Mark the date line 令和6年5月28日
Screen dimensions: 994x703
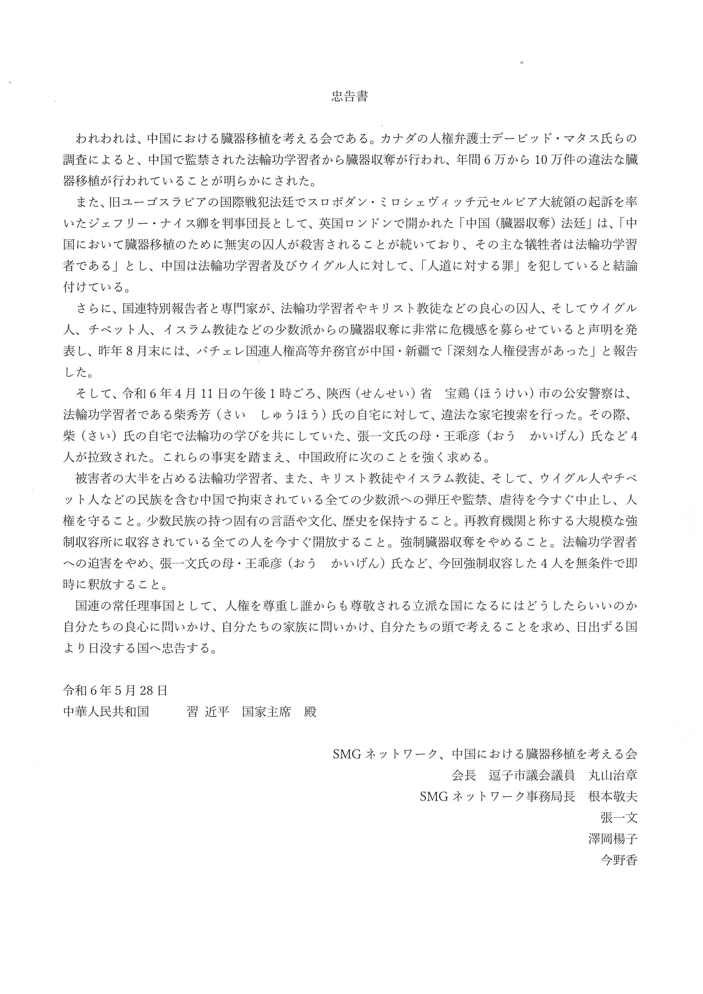[115, 690]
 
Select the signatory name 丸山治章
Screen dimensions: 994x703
[613, 775]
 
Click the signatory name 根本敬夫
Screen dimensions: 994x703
[613, 796]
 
